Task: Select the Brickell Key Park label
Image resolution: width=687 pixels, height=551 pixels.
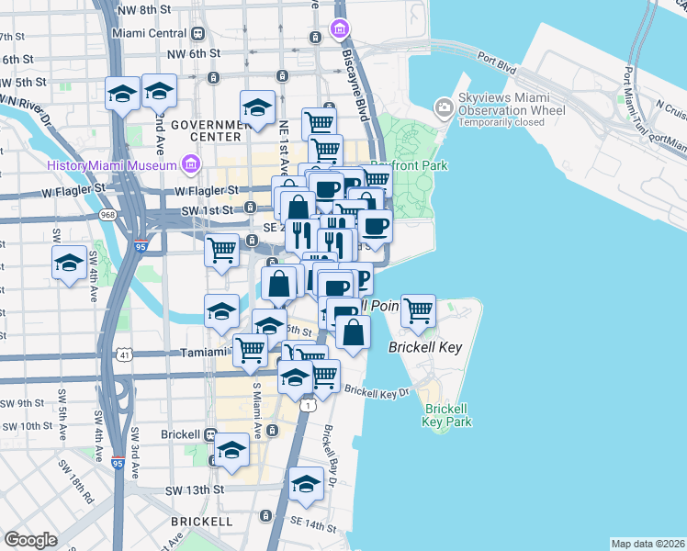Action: coord(447,414)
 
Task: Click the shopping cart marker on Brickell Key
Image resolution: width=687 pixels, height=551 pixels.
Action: coord(418,310)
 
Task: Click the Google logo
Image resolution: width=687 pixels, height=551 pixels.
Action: coord(31,539)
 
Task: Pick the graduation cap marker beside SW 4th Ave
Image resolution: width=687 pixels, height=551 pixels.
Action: coord(69,263)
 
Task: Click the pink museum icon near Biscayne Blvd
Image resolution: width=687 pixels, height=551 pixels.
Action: coord(341,28)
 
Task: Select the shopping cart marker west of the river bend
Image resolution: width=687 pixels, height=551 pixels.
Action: coord(221,248)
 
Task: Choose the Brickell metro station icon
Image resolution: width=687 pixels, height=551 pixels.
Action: coord(210,434)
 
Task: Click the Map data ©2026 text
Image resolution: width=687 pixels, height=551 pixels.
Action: coord(648,544)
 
